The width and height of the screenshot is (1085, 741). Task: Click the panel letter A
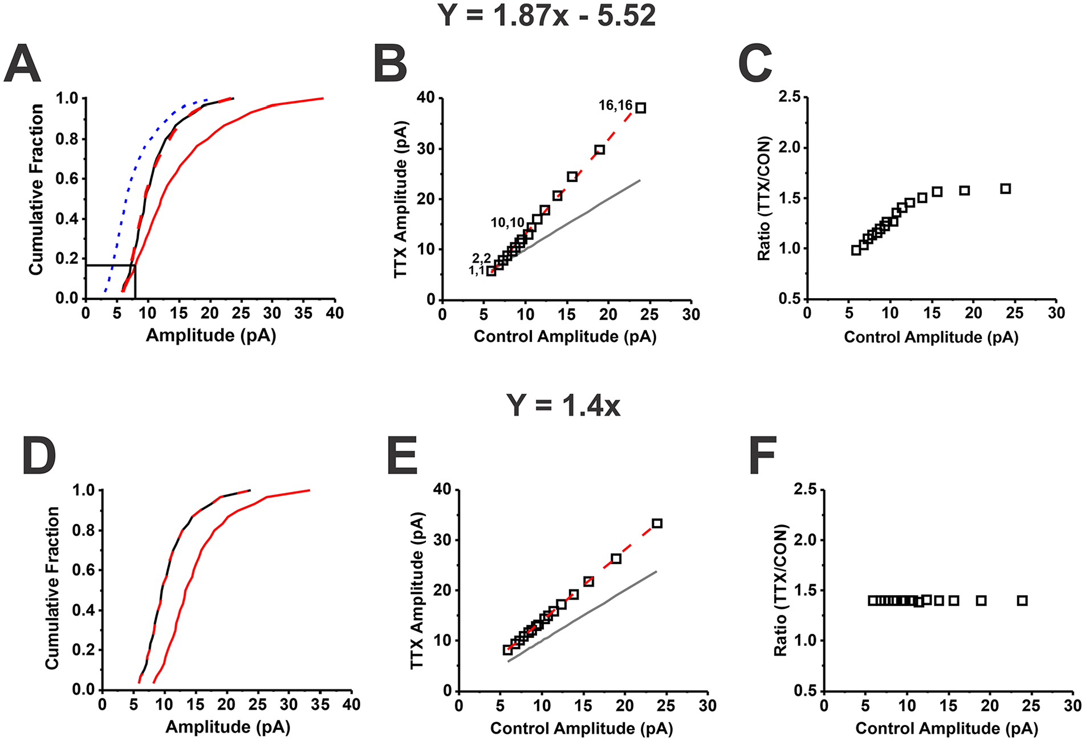(22, 64)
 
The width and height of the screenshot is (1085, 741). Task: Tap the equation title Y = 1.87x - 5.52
(547, 15)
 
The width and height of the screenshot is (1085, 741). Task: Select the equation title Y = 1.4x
(563, 406)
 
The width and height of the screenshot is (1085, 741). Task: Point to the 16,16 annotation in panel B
(615, 105)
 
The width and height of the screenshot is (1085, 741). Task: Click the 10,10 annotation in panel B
(507, 223)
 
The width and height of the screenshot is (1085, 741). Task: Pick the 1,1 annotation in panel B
(477, 271)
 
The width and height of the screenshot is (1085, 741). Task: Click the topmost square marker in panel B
(641, 108)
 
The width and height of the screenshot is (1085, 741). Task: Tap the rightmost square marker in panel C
(1006, 189)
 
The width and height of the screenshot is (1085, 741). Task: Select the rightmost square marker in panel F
(1023, 601)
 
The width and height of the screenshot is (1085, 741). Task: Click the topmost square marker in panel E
(657, 523)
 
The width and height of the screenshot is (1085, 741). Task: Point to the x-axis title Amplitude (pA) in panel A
(211, 335)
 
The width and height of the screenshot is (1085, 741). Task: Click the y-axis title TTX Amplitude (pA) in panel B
(401, 199)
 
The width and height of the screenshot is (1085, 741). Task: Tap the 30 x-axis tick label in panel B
(691, 314)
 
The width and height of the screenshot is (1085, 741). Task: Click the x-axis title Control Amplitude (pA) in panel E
(582, 728)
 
